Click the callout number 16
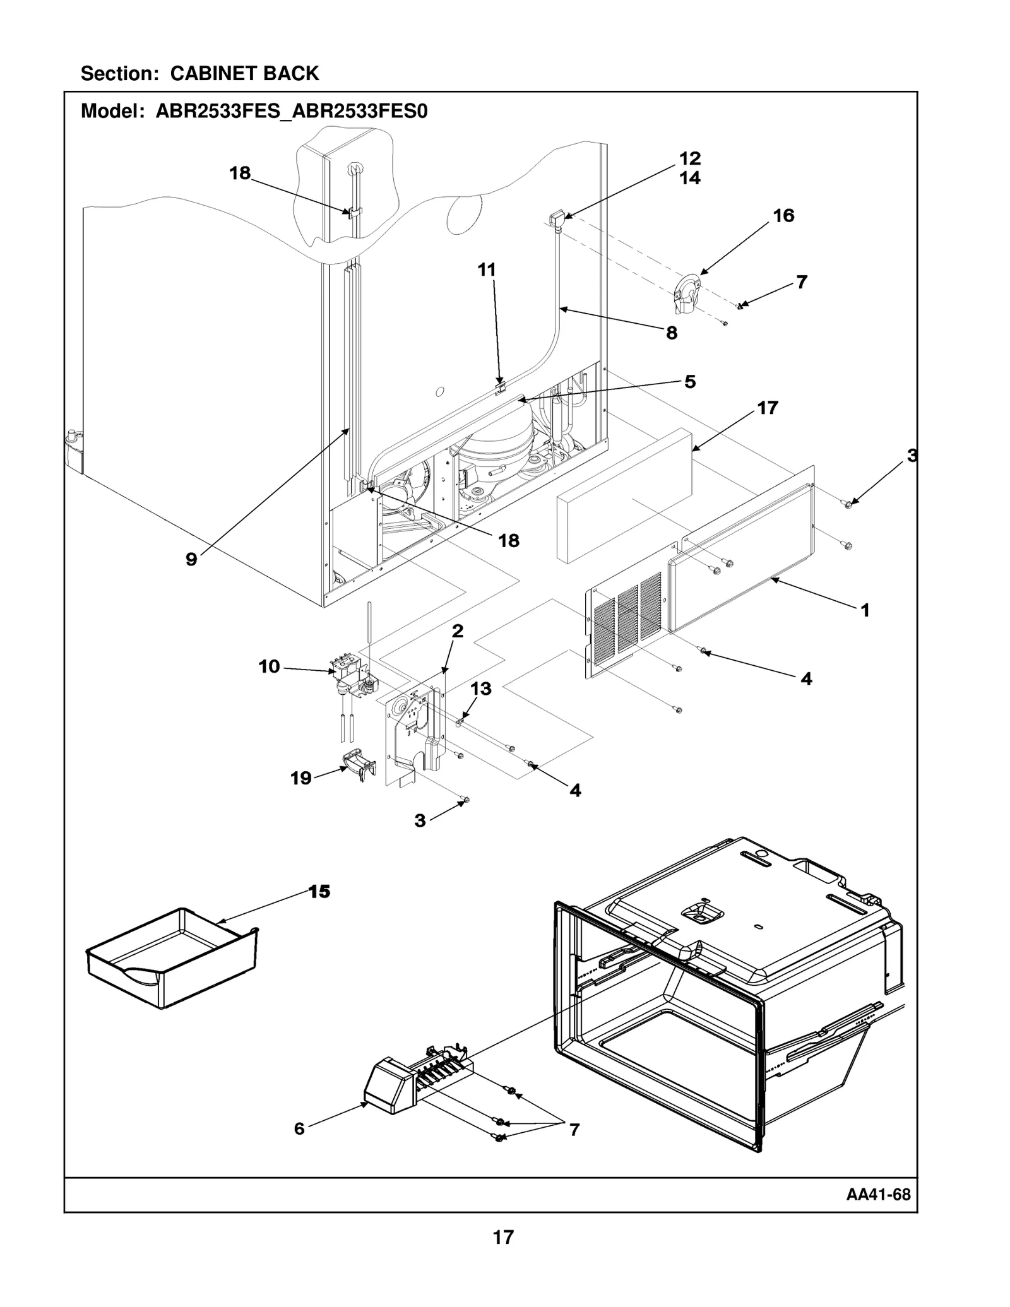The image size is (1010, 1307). tap(783, 216)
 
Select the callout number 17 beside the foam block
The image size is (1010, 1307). tap(768, 408)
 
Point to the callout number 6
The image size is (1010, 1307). tap(299, 1128)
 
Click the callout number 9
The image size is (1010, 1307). tap(191, 559)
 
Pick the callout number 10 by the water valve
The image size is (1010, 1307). tap(269, 666)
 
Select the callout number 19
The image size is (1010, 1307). tap(301, 778)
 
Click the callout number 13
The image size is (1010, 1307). tap(481, 689)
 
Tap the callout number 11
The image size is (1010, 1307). tap(486, 269)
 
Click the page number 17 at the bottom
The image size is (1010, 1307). tap(503, 1237)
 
